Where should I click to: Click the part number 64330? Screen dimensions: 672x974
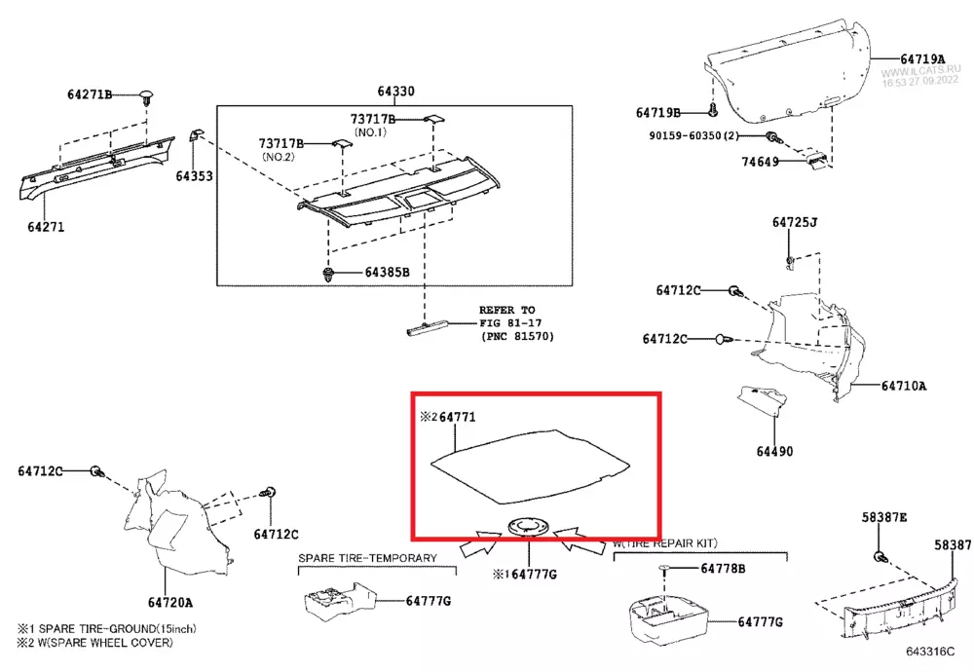pyautogui.click(x=396, y=92)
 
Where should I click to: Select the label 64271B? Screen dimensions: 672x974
pyautogui.click(x=90, y=94)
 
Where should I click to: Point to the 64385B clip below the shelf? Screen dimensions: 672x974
pyautogui.click(x=329, y=274)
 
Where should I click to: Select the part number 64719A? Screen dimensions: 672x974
pyautogui.click(x=922, y=59)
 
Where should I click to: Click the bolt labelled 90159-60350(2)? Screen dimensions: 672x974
pyautogui.click(x=771, y=137)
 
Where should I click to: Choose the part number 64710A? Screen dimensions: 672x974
pyautogui.click(x=903, y=386)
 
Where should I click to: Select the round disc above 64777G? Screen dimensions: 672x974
pyautogui.click(x=528, y=525)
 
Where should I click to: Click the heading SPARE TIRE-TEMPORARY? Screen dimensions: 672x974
pyautogui.click(x=367, y=559)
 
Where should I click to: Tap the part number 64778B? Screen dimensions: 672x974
pyautogui.click(x=723, y=568)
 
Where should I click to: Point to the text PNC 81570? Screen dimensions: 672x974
pyautogui.click(x=517, y=336)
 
